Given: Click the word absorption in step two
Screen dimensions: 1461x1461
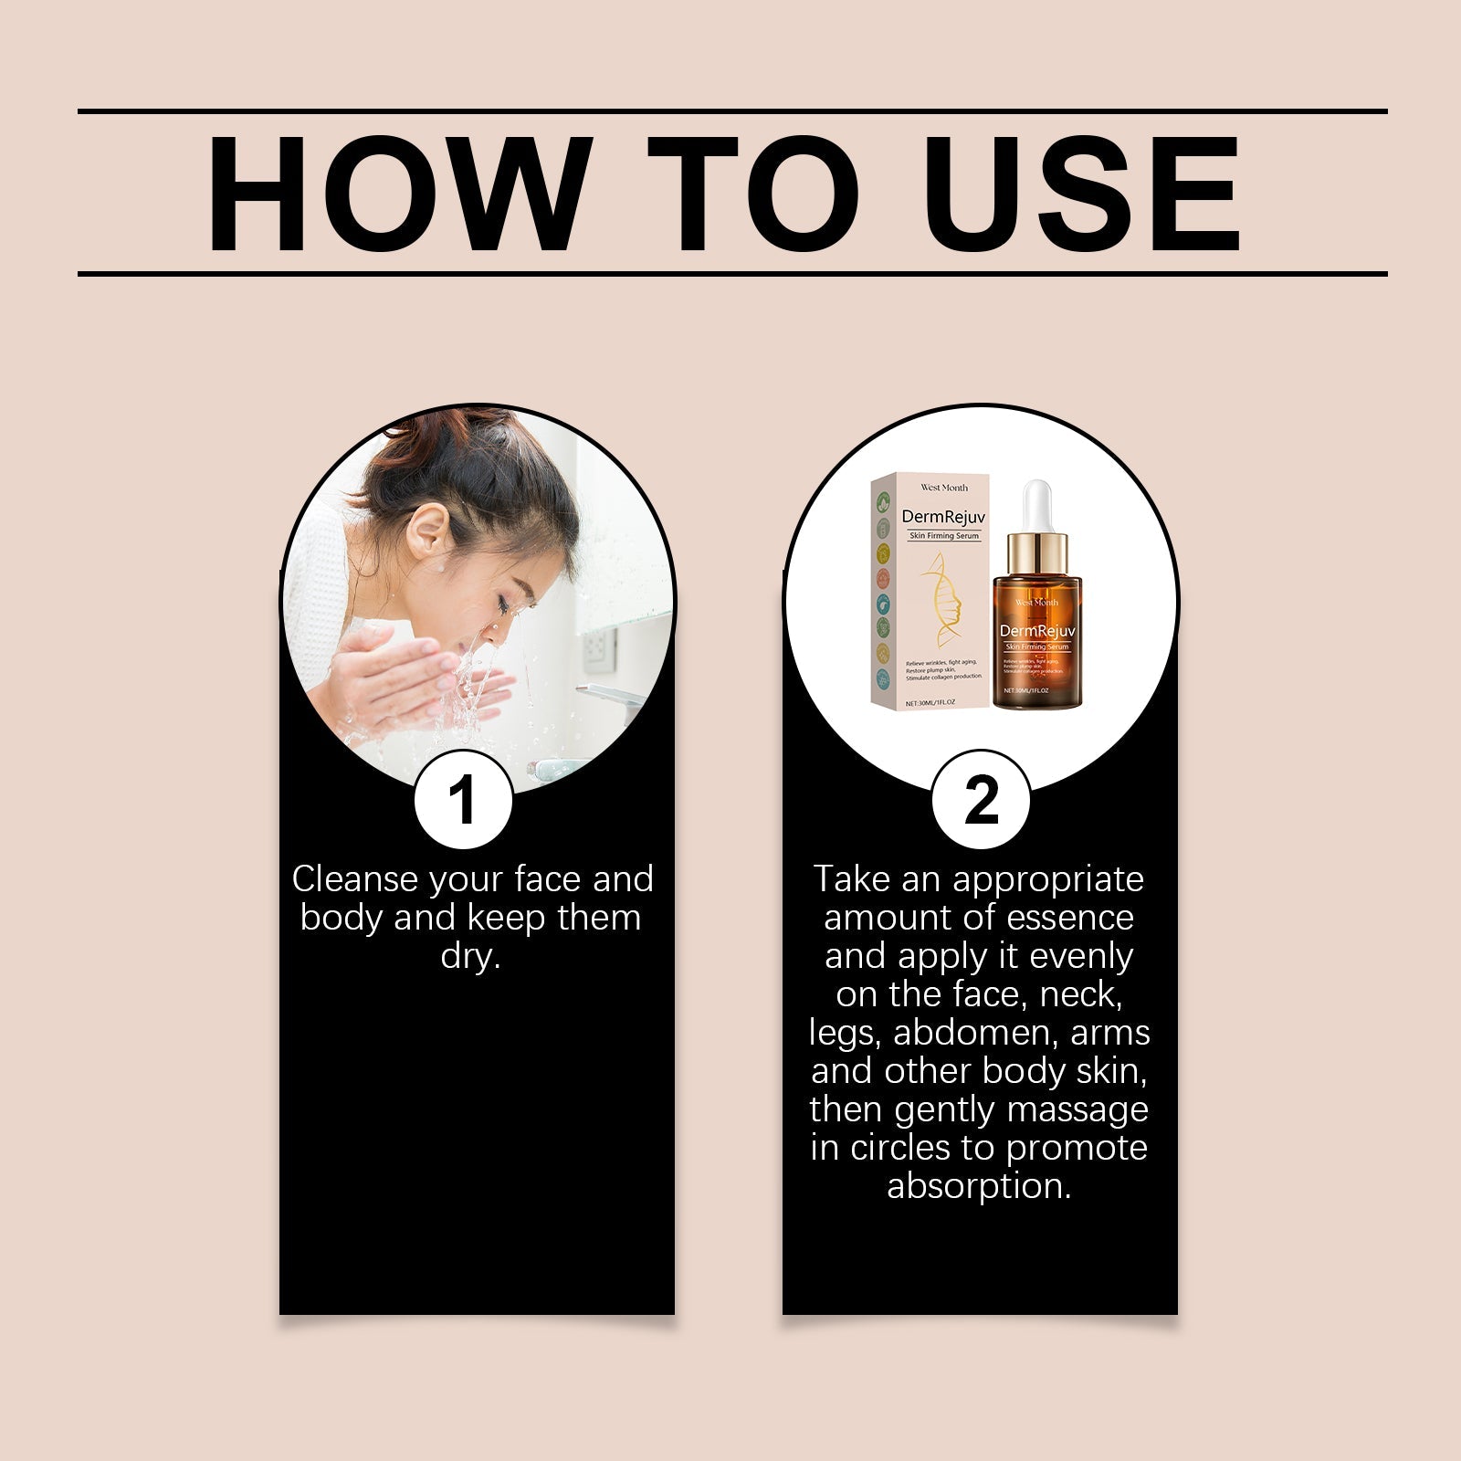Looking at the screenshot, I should (x=978, y=1186).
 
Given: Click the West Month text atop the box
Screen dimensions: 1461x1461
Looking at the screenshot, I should (x=944, y=488).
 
